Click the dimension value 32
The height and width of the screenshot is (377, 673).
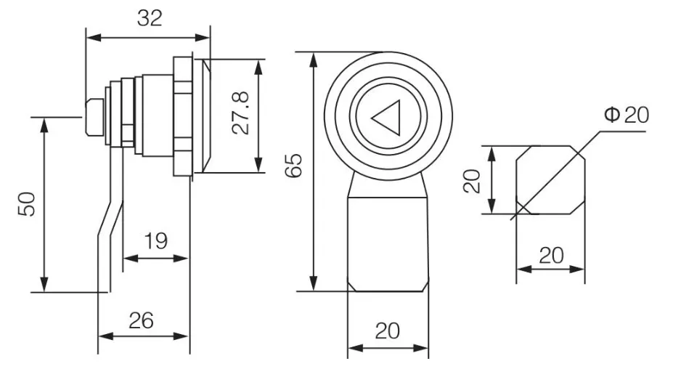150,18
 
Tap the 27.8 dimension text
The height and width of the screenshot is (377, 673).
240,113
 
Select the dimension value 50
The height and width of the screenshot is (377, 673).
27,204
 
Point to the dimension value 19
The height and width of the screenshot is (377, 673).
156,241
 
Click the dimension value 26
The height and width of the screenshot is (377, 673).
142,321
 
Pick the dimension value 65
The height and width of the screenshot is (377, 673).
294,166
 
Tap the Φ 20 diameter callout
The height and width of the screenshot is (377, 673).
627,115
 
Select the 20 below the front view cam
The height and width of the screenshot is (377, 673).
388,331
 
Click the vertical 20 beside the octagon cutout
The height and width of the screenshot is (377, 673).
472,181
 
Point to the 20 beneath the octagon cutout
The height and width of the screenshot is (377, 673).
551,256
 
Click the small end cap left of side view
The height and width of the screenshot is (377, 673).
94,117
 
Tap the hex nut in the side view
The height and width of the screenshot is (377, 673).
183,116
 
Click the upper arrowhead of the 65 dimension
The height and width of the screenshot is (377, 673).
314,60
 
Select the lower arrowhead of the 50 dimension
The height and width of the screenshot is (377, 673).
44,284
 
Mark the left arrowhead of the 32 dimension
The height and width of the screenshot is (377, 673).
94,38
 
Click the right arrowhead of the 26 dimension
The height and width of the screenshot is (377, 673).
181,336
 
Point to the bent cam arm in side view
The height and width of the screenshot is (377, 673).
111,219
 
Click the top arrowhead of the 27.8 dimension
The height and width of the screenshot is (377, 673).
258,68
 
